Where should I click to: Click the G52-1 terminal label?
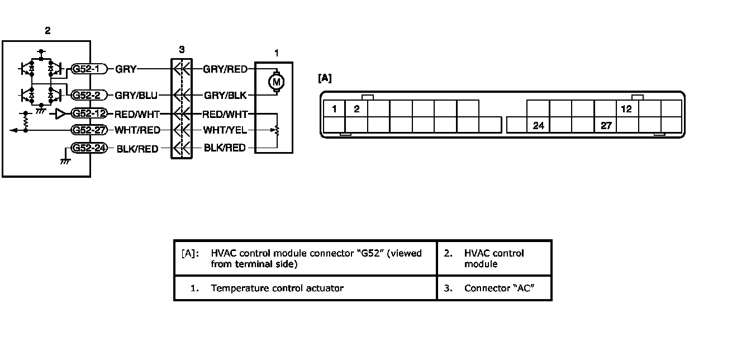[x=89, y=69]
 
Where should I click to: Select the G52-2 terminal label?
[x=89, y=95]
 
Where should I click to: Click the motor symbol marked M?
[x=276, y=82]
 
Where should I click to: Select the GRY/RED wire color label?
[x=225, y=69]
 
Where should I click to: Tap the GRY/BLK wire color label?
[x=225, y=95]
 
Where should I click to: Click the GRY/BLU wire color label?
[x=136, y=95]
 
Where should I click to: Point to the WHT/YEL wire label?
[x=225, y=130]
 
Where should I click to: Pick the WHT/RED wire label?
[x=137, y=130]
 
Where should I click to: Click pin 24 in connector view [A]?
[x=538, y=126]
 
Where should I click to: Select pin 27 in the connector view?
[x=606, y=126]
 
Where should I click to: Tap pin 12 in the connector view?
[x=627, y=109]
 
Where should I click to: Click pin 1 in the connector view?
[x=334, y=109]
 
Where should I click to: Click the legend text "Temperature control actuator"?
[x=277, y=288]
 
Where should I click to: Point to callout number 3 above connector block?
[x=182, y=50]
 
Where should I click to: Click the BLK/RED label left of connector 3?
[x=137, y=149]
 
